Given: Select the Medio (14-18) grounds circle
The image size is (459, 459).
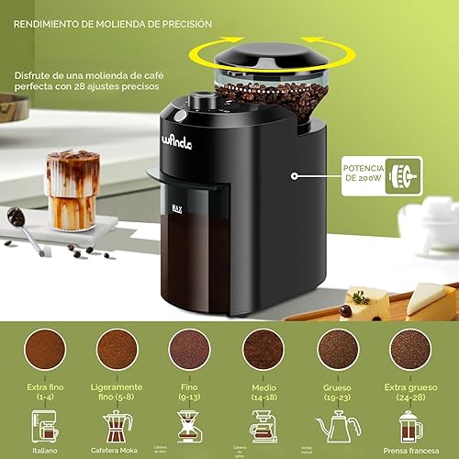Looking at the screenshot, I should [263, 350].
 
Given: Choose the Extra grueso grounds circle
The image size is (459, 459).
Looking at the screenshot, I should [409, 350].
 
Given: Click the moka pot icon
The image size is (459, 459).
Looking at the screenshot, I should [117, 427].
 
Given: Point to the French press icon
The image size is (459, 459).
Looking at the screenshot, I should [409, 427].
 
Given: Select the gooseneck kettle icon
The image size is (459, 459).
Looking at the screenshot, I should [337, 427].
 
